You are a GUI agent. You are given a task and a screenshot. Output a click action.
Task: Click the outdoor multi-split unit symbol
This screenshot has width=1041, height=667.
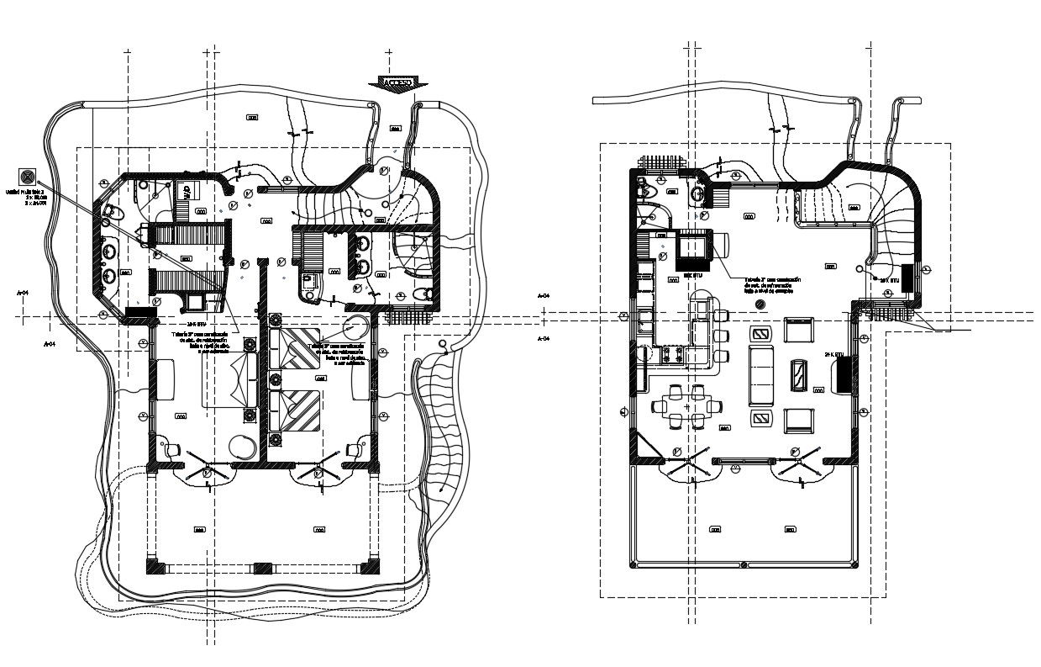pyautogui.click(x=28, y=177)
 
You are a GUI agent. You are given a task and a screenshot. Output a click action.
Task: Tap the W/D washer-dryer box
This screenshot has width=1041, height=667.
pyautogui.click(x=187, y=192)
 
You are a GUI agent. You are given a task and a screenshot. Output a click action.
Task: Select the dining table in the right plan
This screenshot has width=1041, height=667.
pyautogui.click(x=687, y=406)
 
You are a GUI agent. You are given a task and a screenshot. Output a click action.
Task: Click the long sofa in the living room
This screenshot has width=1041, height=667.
pyautogui.click(x=761, y=373)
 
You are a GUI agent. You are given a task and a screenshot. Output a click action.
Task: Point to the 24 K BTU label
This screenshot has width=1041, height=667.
pyautogui.click(x=833, y=354)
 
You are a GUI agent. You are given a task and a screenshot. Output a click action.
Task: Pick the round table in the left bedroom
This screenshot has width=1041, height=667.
pyautogui.click(x=241, y=447)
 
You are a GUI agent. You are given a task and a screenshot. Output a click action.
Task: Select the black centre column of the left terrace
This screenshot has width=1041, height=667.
pyautogui.click(x=262, y=567)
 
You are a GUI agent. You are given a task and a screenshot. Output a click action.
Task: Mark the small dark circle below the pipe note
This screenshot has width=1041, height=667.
pyautogui.click(x=760, y=304)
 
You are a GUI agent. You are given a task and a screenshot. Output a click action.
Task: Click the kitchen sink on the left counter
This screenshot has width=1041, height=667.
pyautogui.click(x=647, y=320)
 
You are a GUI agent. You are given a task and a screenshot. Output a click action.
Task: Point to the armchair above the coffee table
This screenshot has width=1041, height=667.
pyautogui.click(x=798, y=329)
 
